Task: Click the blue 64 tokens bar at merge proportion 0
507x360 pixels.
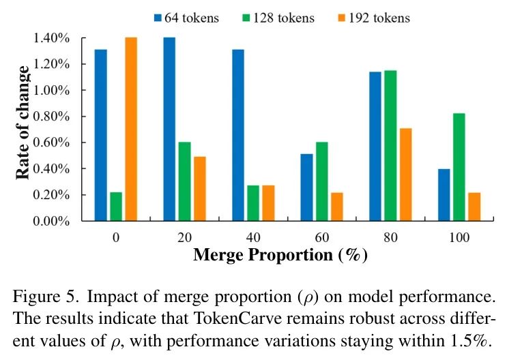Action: [100, 135]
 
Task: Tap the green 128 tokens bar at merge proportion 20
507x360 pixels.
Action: [184, 181]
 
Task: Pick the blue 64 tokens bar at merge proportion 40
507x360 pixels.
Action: [237, 135]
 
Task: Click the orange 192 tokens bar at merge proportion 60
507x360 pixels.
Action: [336, 207]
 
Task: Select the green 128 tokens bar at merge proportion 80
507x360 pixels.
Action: [390, 145]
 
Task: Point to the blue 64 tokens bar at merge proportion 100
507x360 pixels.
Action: [444, 195]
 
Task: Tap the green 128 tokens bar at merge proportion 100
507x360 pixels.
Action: [459, 167]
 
